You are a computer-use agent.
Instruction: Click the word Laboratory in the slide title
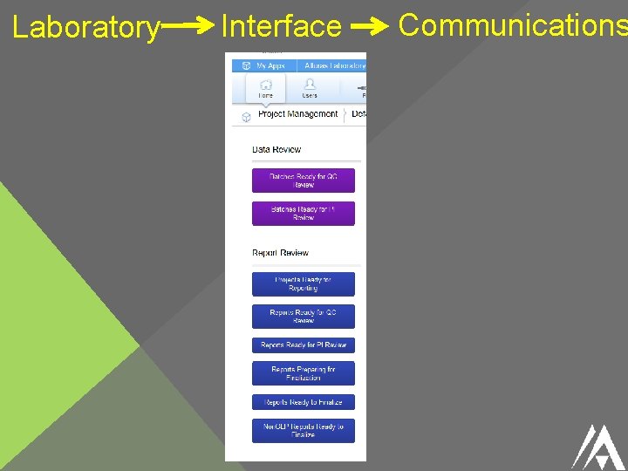tap(85, 28)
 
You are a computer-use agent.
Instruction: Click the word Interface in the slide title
tap(281, 27)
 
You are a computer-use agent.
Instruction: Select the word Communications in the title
tap(512, 25)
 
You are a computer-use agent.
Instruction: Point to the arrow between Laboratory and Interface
tap(186, 27)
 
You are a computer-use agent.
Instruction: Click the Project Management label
tap(297, 114)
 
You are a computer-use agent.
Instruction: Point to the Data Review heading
tap(276, 150)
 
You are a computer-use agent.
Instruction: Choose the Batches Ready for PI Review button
tap(304, 214)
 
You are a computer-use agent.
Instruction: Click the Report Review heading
tap(280, 253)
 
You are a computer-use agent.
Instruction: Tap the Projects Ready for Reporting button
tap(304, 283)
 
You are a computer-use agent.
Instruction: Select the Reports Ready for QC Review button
tap(304, 316)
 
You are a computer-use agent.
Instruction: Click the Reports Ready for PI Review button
tap(304, 345)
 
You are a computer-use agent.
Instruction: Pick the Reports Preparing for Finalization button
tap(304, 373)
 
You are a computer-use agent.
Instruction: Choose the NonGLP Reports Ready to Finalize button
tap(304, 430)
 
